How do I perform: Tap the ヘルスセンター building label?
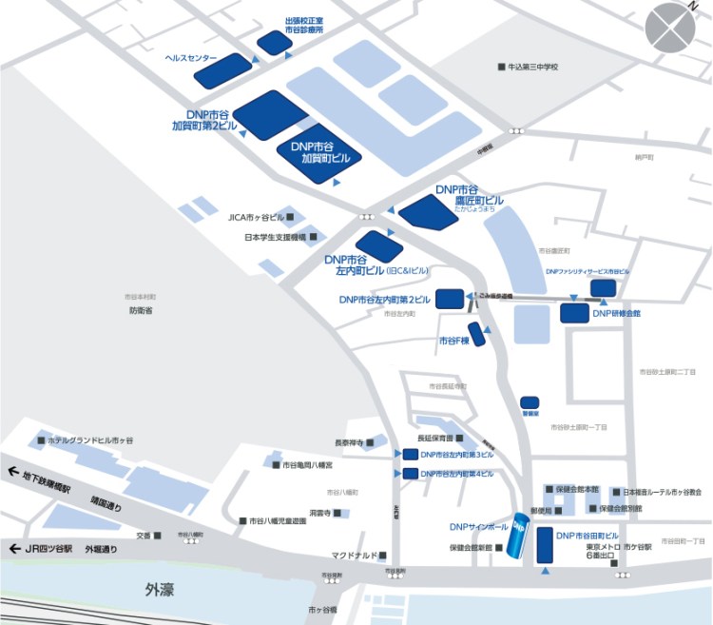191,57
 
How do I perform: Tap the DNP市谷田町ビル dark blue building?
545,545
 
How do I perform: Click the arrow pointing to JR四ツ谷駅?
14,549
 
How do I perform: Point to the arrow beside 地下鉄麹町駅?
14,471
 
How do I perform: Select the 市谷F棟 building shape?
478,334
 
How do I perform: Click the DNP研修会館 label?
616,313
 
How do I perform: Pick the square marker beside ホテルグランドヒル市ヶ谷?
40,440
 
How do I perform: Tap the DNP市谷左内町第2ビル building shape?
449,299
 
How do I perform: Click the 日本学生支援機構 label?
276,237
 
